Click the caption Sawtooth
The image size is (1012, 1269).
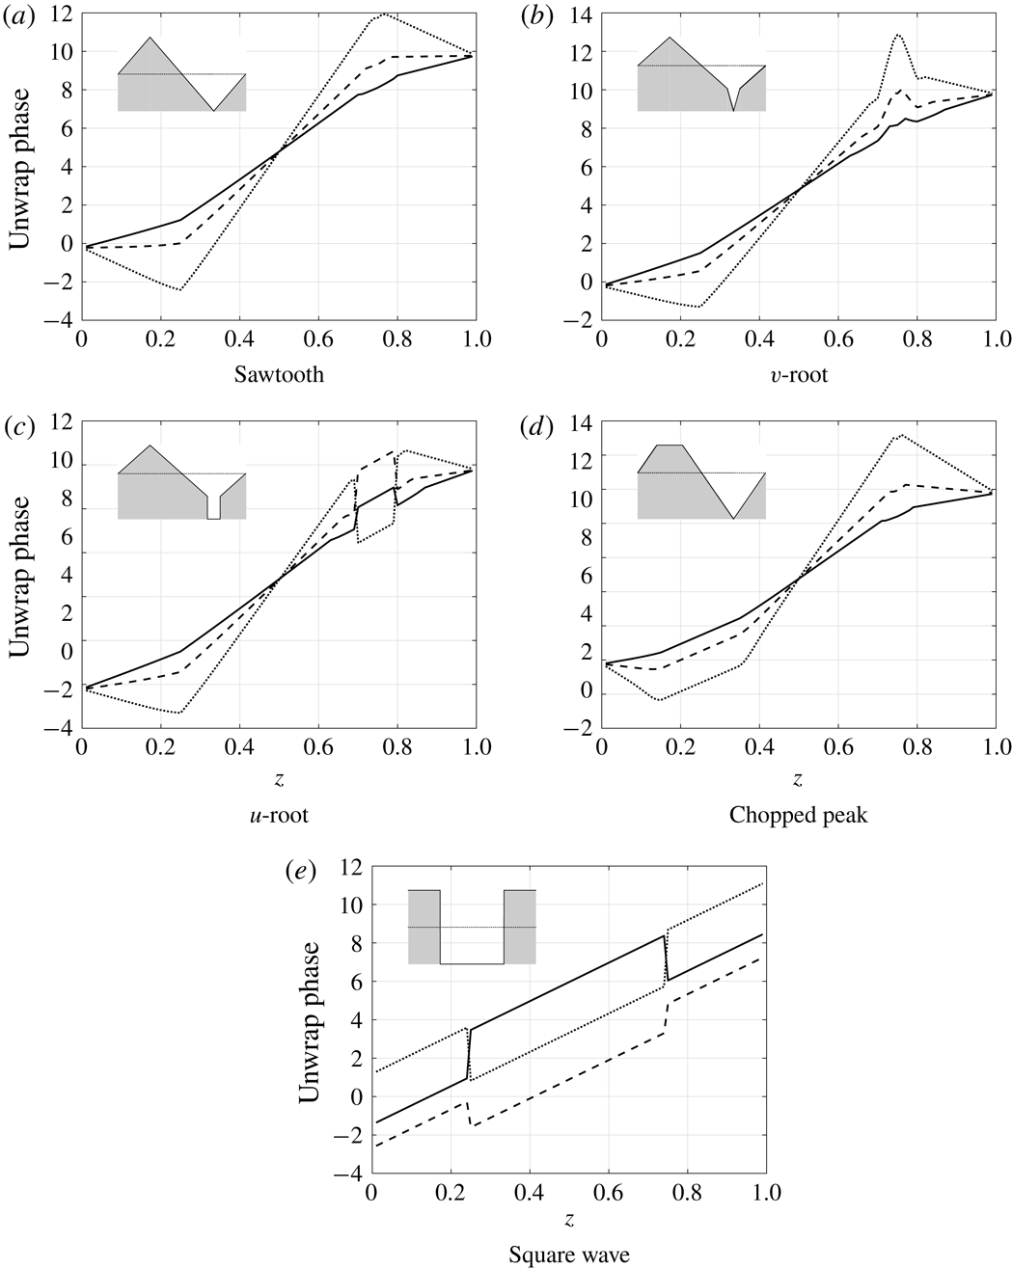(278, 375)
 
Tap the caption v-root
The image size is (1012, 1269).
(799, 375)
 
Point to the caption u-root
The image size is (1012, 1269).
(278, 816)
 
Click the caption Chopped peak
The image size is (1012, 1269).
(799, 816)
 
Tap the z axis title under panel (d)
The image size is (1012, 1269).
(799, 777)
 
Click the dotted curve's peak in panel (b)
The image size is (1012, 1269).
(898, 35)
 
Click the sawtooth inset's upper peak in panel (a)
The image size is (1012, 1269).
(150, 38)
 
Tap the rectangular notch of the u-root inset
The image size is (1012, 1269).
(213, 509)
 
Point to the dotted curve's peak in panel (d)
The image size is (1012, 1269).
(900, 435)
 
